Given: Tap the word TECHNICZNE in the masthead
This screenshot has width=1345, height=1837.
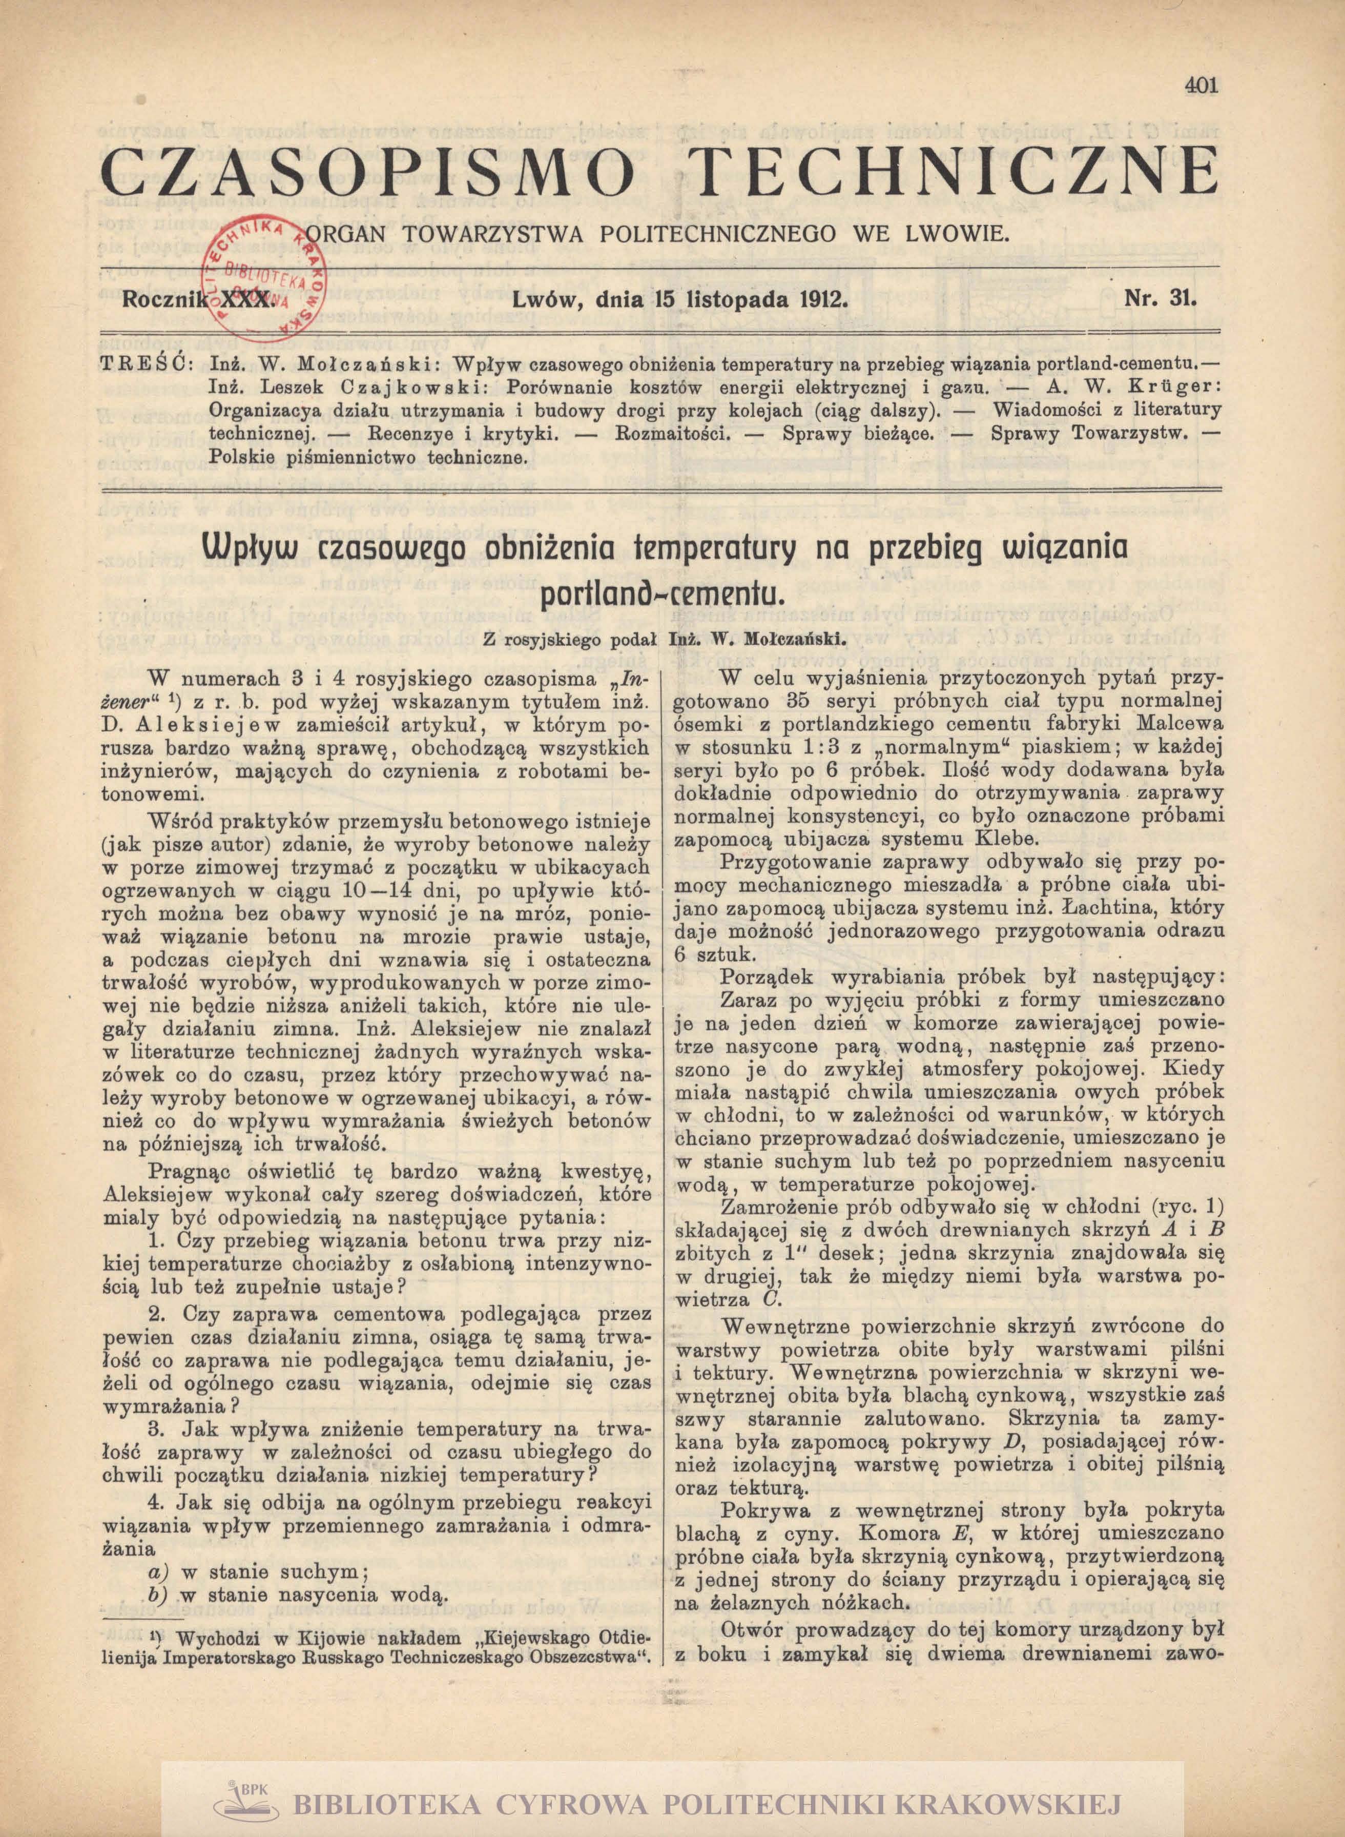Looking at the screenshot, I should [x=960, y=173].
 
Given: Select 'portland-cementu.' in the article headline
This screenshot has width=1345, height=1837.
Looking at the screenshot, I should [x=661, y=596].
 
